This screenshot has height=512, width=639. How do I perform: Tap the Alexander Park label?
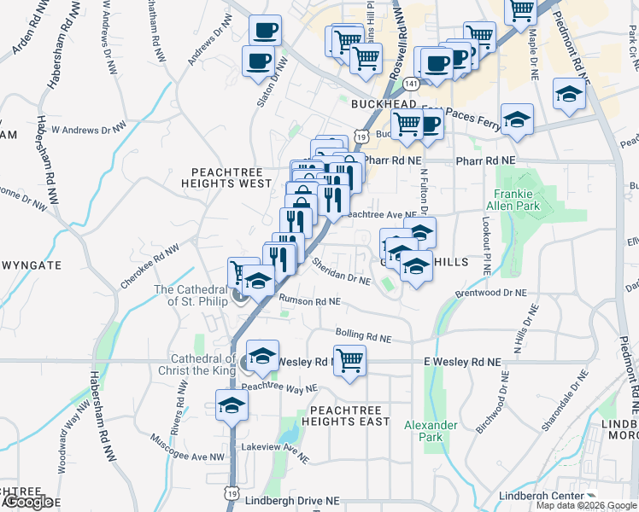(x=431, y=431)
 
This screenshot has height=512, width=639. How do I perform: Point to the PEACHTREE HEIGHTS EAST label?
(x=344, y=416)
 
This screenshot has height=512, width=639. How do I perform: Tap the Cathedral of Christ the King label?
(x=196, y=364)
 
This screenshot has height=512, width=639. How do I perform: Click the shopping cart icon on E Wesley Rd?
(x=349, y=360)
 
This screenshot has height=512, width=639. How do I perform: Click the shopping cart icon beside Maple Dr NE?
(x=520, y=9)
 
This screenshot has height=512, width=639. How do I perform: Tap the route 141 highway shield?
(x=413, y=84)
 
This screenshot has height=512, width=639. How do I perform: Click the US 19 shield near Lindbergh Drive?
(x=232, y=492)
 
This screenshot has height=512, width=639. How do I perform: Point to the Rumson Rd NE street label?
(x=308, y=301)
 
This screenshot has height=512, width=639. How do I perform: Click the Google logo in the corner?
(x=27, y=502)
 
